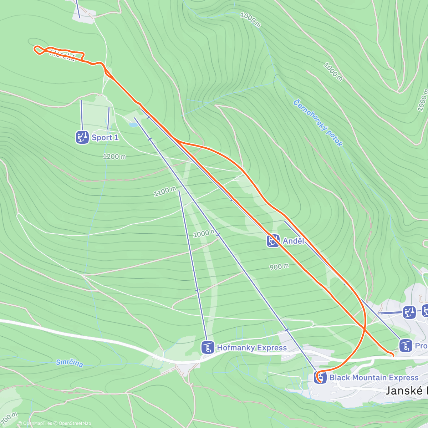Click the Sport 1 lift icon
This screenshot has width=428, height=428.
(82, 137)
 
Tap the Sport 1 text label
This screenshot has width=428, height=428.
(105, 138)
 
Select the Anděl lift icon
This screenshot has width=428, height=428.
(273, 241)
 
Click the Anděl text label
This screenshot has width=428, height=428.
(294, 241)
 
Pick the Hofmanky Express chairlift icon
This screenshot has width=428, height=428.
(208, 347)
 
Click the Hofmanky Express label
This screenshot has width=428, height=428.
(252, 348)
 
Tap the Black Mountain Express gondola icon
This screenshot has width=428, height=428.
(320, 377)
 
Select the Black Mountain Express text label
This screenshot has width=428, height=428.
(374, 377)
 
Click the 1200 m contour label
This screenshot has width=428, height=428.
(114, 157)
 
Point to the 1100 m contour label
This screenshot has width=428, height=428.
(165, 192)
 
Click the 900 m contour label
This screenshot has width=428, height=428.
(279, 267)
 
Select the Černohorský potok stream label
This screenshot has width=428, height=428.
(318, 123)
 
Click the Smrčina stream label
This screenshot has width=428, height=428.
(70, 363)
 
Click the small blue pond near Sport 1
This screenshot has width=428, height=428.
(133, 125)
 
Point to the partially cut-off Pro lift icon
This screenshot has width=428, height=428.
(406, 346)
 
